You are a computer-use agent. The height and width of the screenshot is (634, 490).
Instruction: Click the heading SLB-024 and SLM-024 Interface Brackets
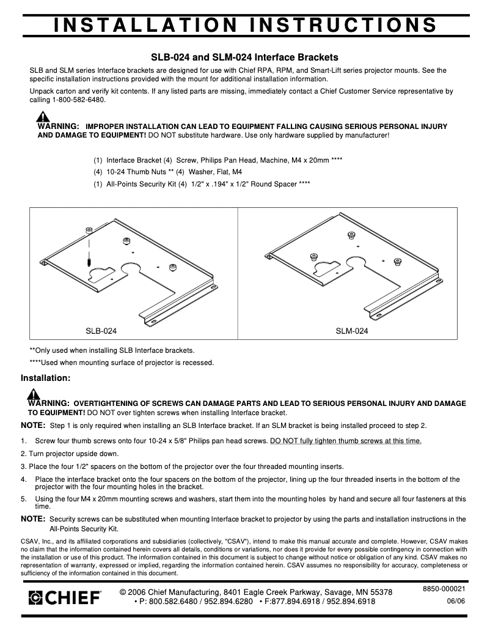pyautogui.click(x=244, y=57)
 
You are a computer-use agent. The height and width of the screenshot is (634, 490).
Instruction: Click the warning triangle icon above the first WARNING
pyautogui.click(x=42, y=116)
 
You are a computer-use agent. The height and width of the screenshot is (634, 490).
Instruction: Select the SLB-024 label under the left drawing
pyautogui.click(x=101, y=331)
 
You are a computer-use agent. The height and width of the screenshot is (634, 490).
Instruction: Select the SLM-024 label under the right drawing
pyautogui.click(x=352, y=331)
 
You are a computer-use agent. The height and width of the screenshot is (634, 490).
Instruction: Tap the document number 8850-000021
pyautogui.click(x=444, y=588)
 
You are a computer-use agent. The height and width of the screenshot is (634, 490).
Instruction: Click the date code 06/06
pyautogui.click(x=456, y=601)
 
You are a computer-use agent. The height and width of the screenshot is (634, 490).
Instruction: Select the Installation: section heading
pyautogui.click(x=46, y=378)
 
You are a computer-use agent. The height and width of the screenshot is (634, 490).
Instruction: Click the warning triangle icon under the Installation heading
pyautogui.click(x=34, y=394)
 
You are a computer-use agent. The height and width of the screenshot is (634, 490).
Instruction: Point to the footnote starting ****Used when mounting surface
pyautogui.click(x=122, y=363)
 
